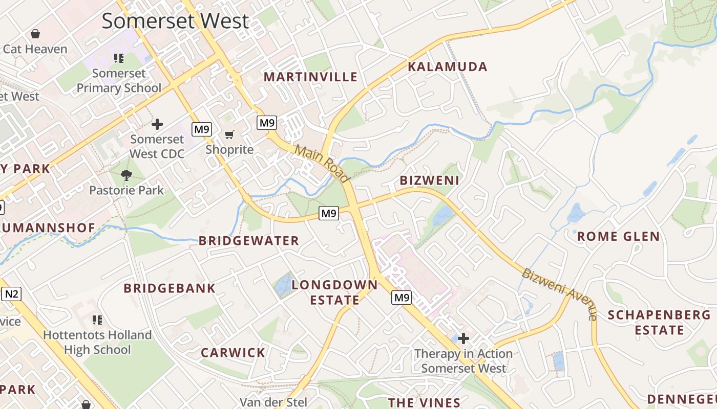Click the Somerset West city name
[x=175, y=21]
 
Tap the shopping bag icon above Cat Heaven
[x=35, y=34]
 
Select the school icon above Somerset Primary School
[x=119, y=58]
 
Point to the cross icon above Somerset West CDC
[x=157, y=124]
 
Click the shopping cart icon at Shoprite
[x=229, y=134]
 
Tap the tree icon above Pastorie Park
[x=126, y=175]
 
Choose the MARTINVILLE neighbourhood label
[x=310, y=77]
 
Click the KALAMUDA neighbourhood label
[x=447, y=67]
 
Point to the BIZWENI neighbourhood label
[x=429, y=180]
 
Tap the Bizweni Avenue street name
[x=560, y=293]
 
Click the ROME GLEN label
[x=619, y=236]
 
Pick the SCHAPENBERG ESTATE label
[x=659, y=322]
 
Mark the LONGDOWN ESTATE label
[x=334, y=292]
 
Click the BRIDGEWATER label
[x=249, y=241]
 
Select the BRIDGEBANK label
[x=170, y=288]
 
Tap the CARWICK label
[x=233, y=353]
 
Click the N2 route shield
[x=11, y=294]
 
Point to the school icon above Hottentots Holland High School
[x=97, y=320]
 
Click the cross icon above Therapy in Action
[x=463, y=338]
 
